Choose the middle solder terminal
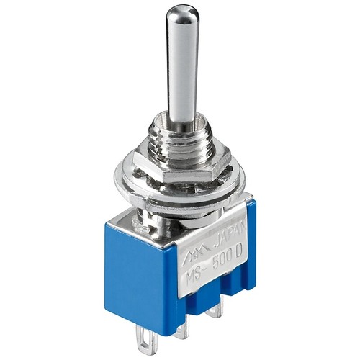(x=183, y=329)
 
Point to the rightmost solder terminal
(x=215, y=312)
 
